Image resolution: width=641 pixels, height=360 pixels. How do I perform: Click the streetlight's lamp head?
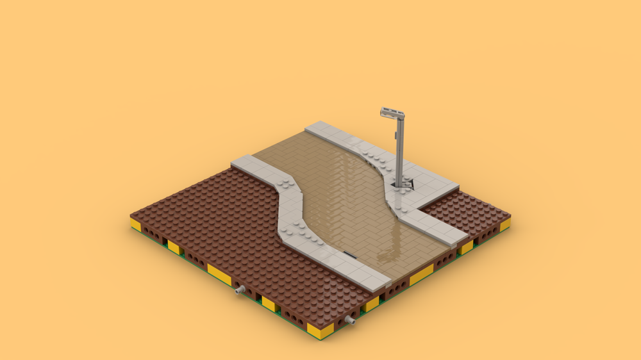[x=391, y=113]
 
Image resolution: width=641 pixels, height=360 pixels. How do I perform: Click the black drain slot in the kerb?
[x=349, y=254]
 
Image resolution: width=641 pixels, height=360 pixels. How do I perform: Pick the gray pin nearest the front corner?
[x=351, y=318]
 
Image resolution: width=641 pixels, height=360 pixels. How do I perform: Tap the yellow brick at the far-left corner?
[x=135, y=224]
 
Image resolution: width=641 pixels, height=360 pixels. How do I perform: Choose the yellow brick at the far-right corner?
[x=504, y=225]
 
